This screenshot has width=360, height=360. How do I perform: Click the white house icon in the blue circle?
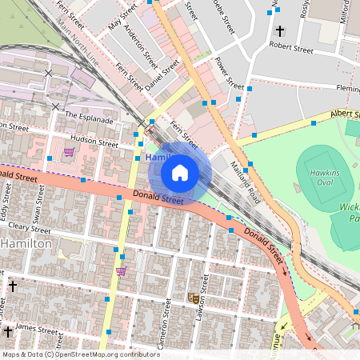[180, 173]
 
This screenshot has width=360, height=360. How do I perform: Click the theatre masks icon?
[193, 298]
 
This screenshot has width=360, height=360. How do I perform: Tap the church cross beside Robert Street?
[279, 31]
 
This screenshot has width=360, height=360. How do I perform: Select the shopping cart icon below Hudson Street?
[69, 152]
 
